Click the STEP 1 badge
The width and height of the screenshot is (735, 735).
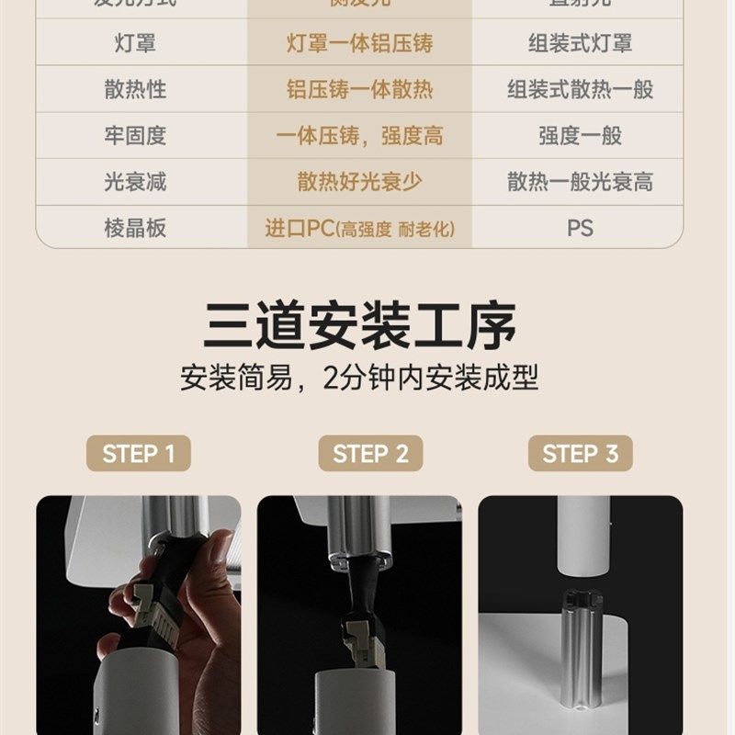coord(138,454)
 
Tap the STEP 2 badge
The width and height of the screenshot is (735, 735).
coord(370,454)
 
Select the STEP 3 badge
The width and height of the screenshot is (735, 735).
coord(580,454)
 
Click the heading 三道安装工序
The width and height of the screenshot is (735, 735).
coord(359,324)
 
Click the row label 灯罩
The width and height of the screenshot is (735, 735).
coord(135,43)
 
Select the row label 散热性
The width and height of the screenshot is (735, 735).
coord(135,89)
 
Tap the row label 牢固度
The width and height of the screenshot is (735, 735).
coord(135,136)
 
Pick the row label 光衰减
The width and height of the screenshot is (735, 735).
coord(135,182)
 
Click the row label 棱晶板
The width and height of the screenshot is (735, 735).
coord(135,228)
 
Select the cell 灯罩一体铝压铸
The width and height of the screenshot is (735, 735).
coord(359,43)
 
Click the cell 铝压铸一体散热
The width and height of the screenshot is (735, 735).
coord(359,89)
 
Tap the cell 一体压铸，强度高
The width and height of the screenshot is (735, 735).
coord(359,136)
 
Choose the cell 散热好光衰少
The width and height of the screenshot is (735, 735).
coord(359,182)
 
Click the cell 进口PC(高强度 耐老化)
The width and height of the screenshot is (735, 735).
coord(359,229)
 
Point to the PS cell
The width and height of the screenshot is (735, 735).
coord(580,228)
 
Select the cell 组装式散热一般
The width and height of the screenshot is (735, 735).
coord(580,89)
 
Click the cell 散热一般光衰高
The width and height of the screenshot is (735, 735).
coord(580,182)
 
